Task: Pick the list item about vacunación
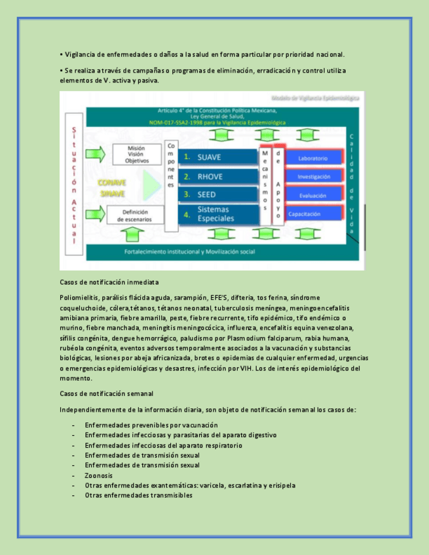coord(151,425)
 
